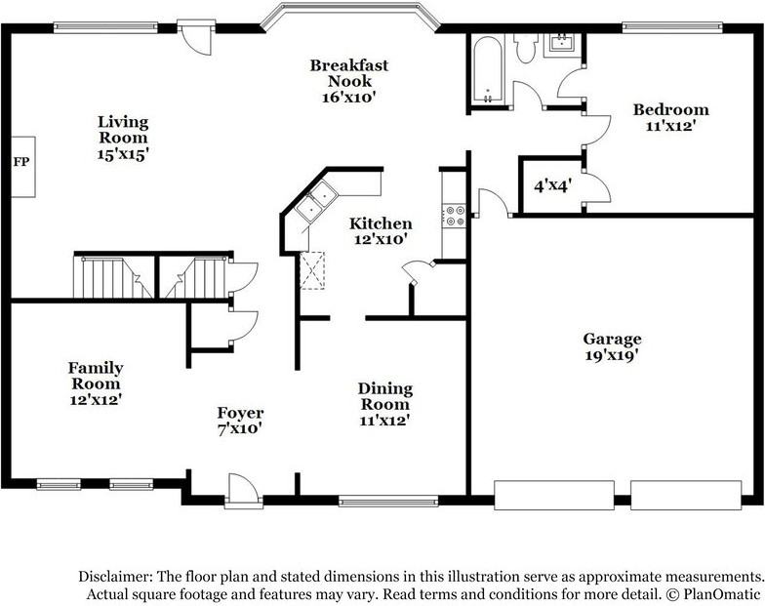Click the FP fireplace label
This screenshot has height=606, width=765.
pyautogui.click(x=21, y=162)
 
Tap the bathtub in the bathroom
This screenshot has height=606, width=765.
pyautogui.click(x=488, y=70)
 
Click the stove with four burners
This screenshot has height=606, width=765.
pyautogui.click(x=455, y=216)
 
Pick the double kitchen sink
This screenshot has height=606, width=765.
pyautogui.click(x=315, y=201)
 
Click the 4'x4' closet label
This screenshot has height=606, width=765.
pyautogui.click(x=552, y=185)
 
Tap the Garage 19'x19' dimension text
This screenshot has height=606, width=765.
pyautogui.click(x=612, y=355)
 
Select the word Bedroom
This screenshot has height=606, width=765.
pyautogui.click(x=671, y=109)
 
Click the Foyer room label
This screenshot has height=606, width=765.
pyautogui.click(x=240, y=413)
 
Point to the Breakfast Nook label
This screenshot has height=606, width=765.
pyautogui.click(x=349, y=72)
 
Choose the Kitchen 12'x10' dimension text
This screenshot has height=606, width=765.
pyautogui.click(x=381, y=240)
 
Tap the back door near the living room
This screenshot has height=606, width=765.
pyautogui.click(x=196, y=37)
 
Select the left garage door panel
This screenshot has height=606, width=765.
pyautogui.click(x=554, y=496)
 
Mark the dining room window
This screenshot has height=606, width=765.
pyautogui.click(x=388, y=502)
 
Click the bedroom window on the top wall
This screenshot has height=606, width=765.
pyautogui.click(x=672, y=27)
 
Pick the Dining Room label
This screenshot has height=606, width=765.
pyautogui.click(x=385, y=396)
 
